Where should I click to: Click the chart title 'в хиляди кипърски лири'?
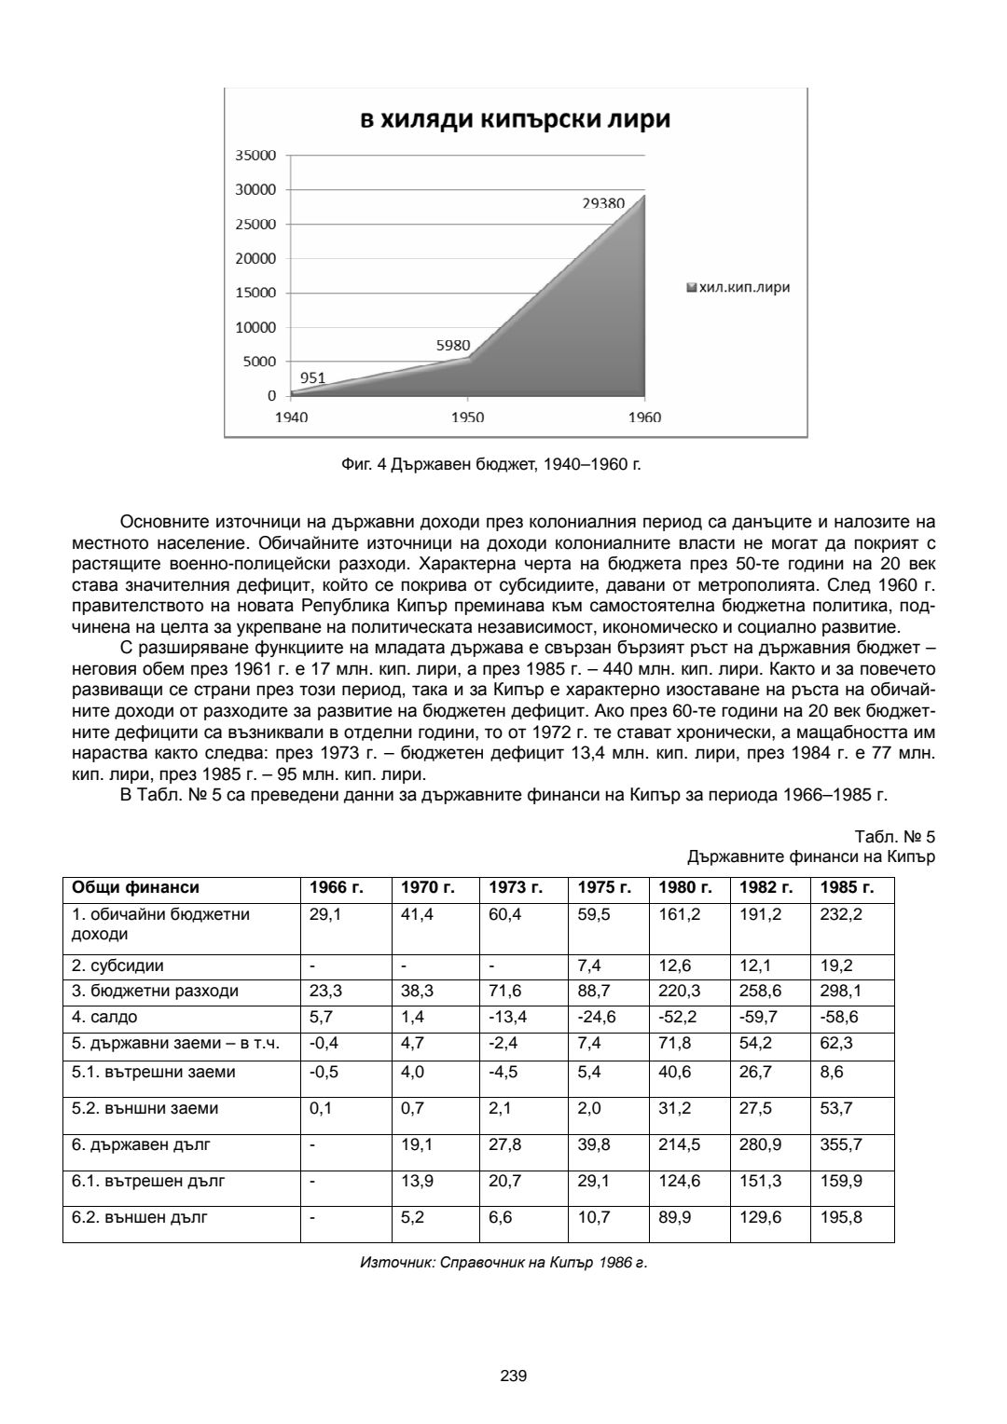coord(516,120)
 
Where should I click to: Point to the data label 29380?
coord(603,203)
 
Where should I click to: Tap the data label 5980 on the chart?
coord(453,345)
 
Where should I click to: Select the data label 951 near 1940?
coord(312,377)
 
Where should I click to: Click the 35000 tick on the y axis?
coord(259,156)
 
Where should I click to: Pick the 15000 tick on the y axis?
coord(259,293)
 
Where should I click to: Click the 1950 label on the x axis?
coord(467,418)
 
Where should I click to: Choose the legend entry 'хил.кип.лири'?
coord(738,287)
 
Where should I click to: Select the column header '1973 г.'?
coord(516,888)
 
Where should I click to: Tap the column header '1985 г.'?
coord(847,888)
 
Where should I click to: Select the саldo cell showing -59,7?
coord(758,1017)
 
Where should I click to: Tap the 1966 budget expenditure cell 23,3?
coord(325,991)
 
